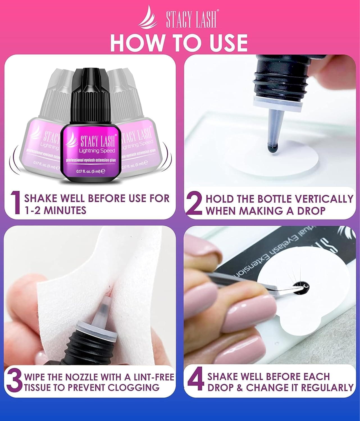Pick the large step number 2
(194, 204)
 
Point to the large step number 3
(14, 382)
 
